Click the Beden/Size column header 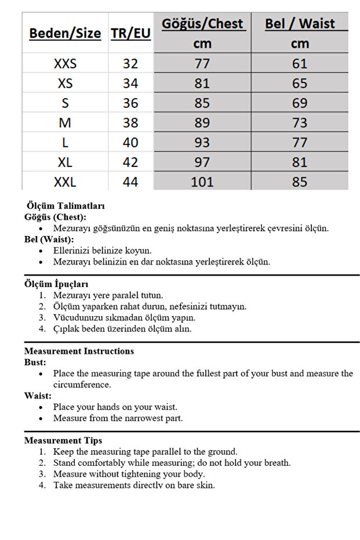[x=65, y=33]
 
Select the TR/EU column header [x=130, y=33]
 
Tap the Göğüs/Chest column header [x=202, y=24]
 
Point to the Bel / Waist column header [x=300, y=24]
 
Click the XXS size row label [x=65, y=63]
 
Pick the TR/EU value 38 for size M [x=130, y=122]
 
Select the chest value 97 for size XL [x=202, y=162]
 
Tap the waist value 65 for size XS [x=300, y=83]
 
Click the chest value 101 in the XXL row [x=202, y=182]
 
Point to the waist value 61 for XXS [x=300, y=63]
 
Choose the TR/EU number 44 [x=130, y=182]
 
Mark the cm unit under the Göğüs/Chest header [x=202, y=44]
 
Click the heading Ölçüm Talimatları [x=66, y=206]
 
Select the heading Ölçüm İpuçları [x=56, y=284]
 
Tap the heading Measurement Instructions [x=79, y=351]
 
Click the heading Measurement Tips [x=63, y=441]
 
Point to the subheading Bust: [x=35, y=362]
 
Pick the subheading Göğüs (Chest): [x=55, y=217]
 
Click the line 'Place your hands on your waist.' [x=115, y=407]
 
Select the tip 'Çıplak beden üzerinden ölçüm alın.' [x=122, y=329]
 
